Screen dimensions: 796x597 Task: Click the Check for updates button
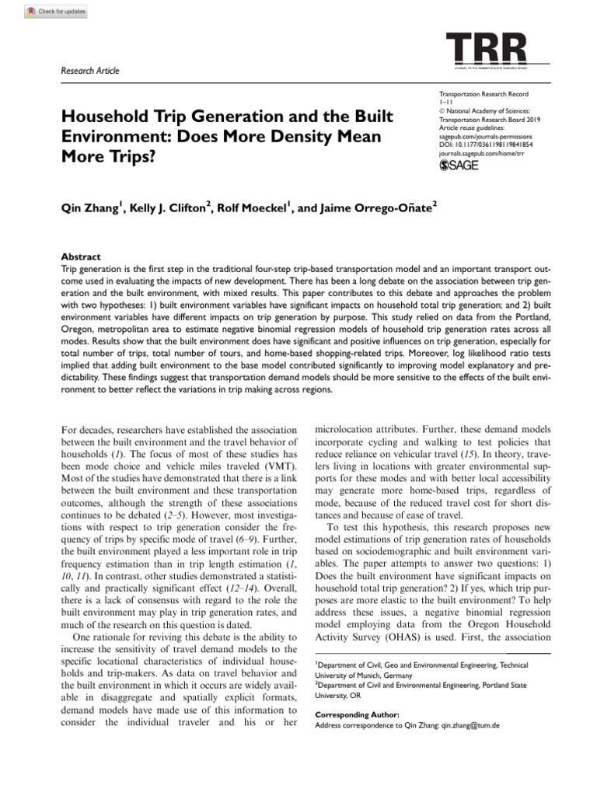[56, 12]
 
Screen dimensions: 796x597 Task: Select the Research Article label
[90, 71]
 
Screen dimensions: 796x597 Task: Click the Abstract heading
[80, 257]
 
